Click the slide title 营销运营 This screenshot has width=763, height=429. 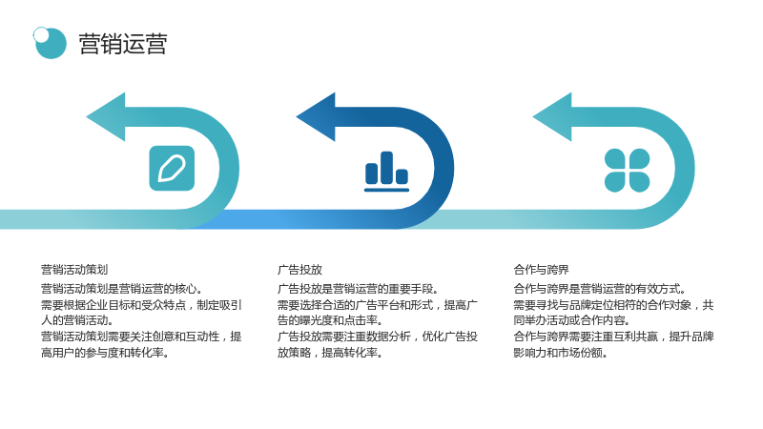click(x=123, y=44)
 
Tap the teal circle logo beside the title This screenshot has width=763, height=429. click(x=52, y=44)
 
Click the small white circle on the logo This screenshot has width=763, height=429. click(x=41, y=34)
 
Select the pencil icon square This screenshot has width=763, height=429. click(x=172, y=169)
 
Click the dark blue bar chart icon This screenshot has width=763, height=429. click(x=387, y=172)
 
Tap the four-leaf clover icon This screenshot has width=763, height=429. click(x=627, y=171)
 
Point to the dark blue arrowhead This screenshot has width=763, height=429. click(x=316, y=116)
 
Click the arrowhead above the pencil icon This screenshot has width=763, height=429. click(x=106, y=116)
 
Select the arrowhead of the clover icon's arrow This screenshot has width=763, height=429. click(x=552, y=116)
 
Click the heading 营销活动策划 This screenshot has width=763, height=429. click(x=74, y=270)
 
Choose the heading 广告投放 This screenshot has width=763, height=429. click(x=299, y=270)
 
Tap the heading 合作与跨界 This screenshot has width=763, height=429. click(x=541, y=270)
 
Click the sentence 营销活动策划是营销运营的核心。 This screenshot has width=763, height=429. click(x=122, y=289)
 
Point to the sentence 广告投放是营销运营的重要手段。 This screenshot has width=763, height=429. click(x=359, y=289)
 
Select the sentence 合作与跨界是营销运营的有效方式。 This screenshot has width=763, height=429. click(x=600, y=289)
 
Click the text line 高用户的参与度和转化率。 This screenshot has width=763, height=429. click(x=105, y=353)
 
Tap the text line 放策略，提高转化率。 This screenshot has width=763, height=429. click(x=330, y=353)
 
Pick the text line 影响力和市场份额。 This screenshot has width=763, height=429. click(x=561, y=353)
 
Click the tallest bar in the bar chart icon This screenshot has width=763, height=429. click(x=387, y=168)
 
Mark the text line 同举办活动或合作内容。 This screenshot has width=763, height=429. click(x=571, y=320)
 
